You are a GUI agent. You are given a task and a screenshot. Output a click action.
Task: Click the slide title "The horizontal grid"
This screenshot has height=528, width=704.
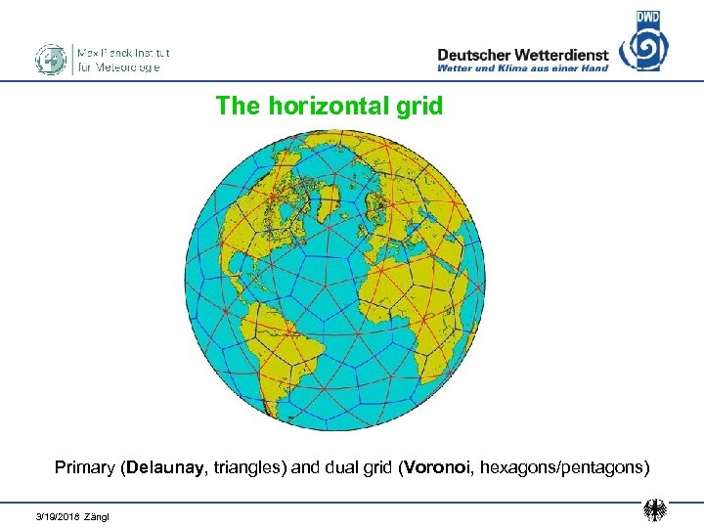coord(330,106)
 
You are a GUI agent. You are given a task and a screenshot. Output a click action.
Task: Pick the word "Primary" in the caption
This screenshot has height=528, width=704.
coord(84,467)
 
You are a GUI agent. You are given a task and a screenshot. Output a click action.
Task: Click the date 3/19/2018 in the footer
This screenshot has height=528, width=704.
coord(57,515)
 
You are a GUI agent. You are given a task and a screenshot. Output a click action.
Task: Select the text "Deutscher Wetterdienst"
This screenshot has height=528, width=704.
coord(523,55)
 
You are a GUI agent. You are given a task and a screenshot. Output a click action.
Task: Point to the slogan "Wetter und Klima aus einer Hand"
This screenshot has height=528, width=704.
coord(523,68)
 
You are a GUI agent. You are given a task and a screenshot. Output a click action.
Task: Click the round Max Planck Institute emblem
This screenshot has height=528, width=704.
coord(50,59)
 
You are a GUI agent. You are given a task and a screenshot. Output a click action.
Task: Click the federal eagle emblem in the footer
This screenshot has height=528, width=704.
coord(654,509)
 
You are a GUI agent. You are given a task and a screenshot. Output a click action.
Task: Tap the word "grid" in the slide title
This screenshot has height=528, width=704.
coord(420,106)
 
